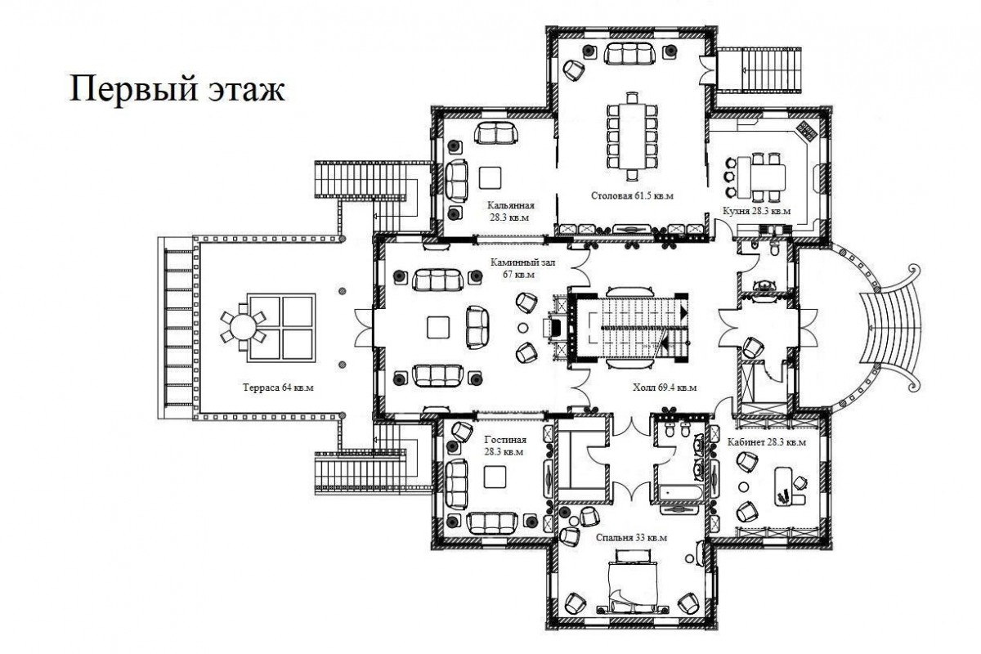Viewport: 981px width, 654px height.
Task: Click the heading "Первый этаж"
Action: pos(177,90)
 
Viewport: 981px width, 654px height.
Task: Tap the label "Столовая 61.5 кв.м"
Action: pos(632,196)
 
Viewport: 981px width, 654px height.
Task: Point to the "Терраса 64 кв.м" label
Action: pos(278,387)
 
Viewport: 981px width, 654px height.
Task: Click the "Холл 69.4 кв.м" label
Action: pos(665,387)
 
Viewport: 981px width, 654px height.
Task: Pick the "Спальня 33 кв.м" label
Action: pos(631,537)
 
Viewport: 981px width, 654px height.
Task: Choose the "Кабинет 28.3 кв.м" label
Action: pos(767,442)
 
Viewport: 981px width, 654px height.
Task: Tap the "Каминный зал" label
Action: pos(522,263)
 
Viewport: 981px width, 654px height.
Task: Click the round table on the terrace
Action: pos(244,327)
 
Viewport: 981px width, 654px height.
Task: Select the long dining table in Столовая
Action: pos(633,136)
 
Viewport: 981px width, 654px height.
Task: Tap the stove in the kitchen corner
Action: pos(807,130)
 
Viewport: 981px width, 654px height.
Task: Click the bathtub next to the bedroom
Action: pos(680,493)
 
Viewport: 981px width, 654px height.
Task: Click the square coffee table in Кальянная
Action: pos(490,178)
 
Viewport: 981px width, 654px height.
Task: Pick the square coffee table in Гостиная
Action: pos(495,477)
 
